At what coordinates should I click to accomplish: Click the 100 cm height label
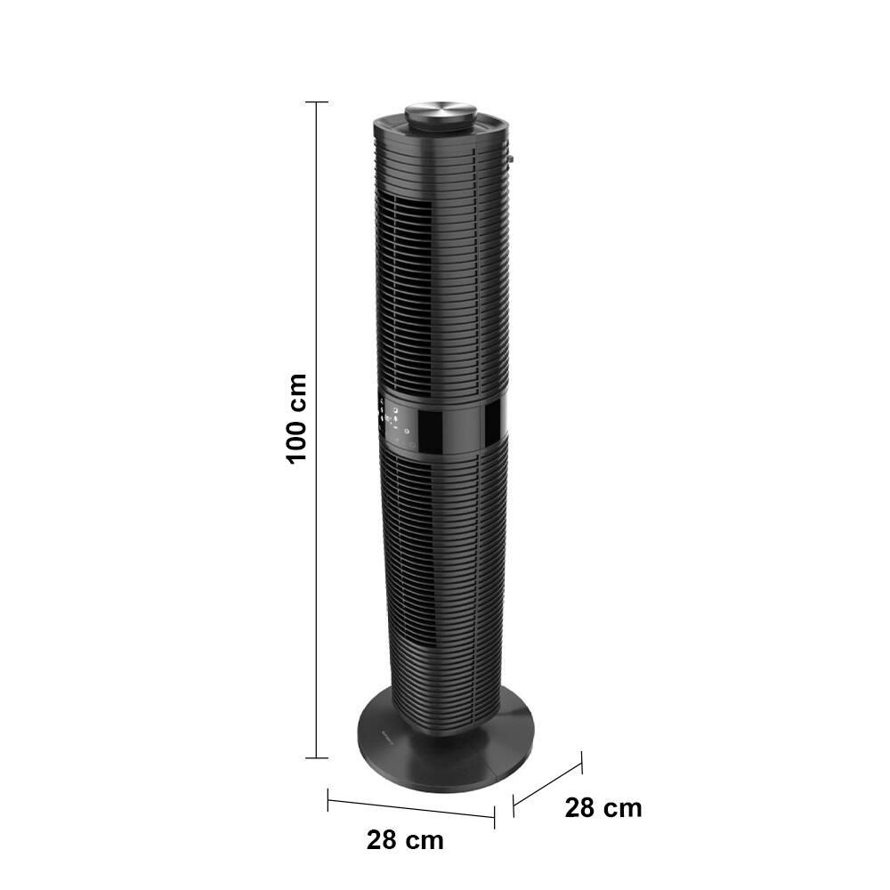[296, 417]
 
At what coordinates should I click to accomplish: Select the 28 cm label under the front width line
[405, 839]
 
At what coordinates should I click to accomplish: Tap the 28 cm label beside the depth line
[603, 808]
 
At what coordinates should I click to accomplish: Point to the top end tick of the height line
[317, 102]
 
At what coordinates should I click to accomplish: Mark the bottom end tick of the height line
[317, 758]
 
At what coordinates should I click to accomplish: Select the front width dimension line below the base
[411, 805]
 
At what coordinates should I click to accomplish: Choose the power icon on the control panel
[407, 433]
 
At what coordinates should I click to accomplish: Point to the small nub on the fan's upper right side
[511, 161]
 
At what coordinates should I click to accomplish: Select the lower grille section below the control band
[436, 570]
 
